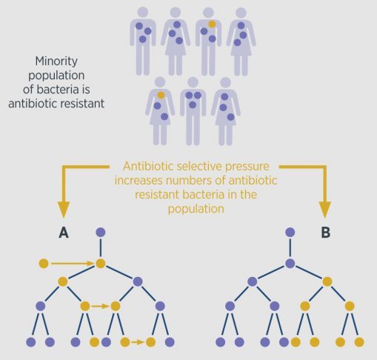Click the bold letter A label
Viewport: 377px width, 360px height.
[64, 233]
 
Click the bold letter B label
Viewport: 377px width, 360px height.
[326, 233]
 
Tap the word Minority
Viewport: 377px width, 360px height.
[56, 61]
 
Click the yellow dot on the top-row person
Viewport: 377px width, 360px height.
[212, 24]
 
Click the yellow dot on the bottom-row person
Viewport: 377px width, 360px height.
[161, 95]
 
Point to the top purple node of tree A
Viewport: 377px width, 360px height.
[101, 233]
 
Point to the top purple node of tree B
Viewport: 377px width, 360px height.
[290, 233]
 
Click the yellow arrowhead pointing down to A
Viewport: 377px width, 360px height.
[64, 210]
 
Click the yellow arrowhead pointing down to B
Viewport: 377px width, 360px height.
[325, 210]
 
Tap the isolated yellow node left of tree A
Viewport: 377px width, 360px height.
[44, 264]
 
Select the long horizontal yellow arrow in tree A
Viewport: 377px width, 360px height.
[72, 264]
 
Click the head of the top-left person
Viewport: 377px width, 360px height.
[143, 12]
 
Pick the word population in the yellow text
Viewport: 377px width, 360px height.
[196, 209]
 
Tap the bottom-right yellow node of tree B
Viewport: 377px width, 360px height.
[359, 342]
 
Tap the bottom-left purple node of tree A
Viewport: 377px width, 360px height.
[31, 342]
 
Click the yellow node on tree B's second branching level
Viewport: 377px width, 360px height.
[327, 281]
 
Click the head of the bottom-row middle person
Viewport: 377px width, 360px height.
[193, 82]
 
